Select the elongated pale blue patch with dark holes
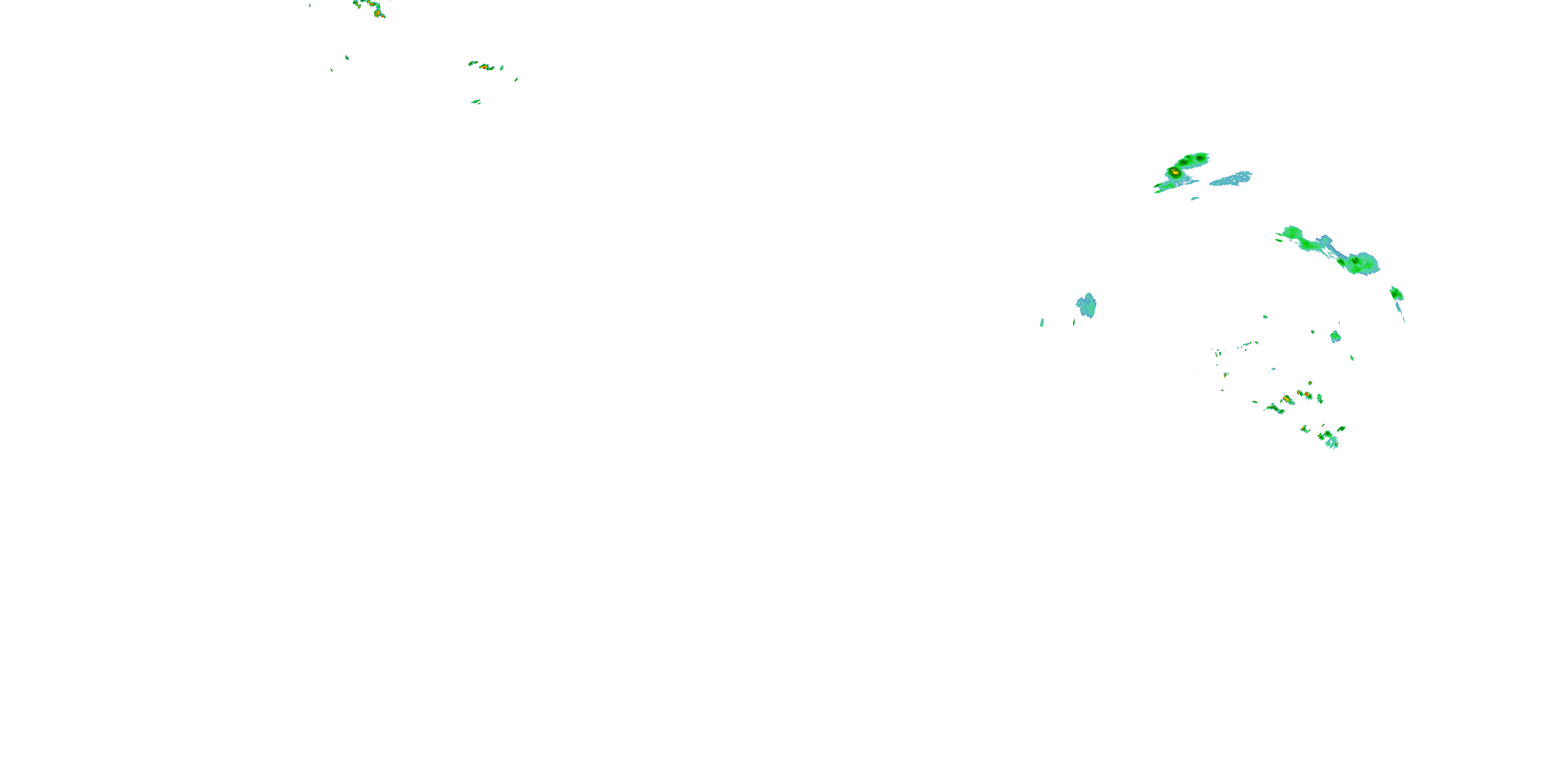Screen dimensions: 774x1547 1231,179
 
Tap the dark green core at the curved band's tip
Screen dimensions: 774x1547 1200,158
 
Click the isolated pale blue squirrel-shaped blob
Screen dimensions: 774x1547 1087,305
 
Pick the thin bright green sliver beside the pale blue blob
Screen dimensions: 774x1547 1042,322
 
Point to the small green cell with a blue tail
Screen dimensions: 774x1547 1396,293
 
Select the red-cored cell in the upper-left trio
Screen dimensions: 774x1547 484,67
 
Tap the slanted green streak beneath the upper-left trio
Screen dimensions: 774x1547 475,102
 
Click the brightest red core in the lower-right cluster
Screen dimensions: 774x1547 1307,394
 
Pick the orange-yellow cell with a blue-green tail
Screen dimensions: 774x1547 1287,399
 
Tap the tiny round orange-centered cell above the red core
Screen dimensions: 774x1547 1310,383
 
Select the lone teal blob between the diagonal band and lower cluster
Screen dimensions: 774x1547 1335,336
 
